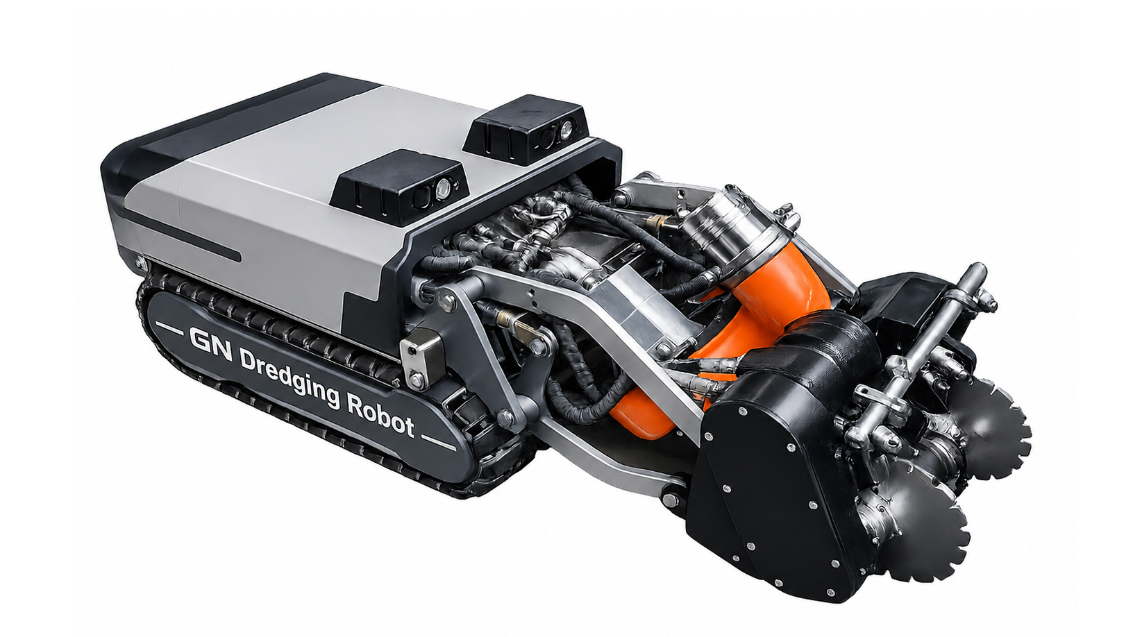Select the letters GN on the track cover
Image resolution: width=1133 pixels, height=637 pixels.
[x=210, y=344]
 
